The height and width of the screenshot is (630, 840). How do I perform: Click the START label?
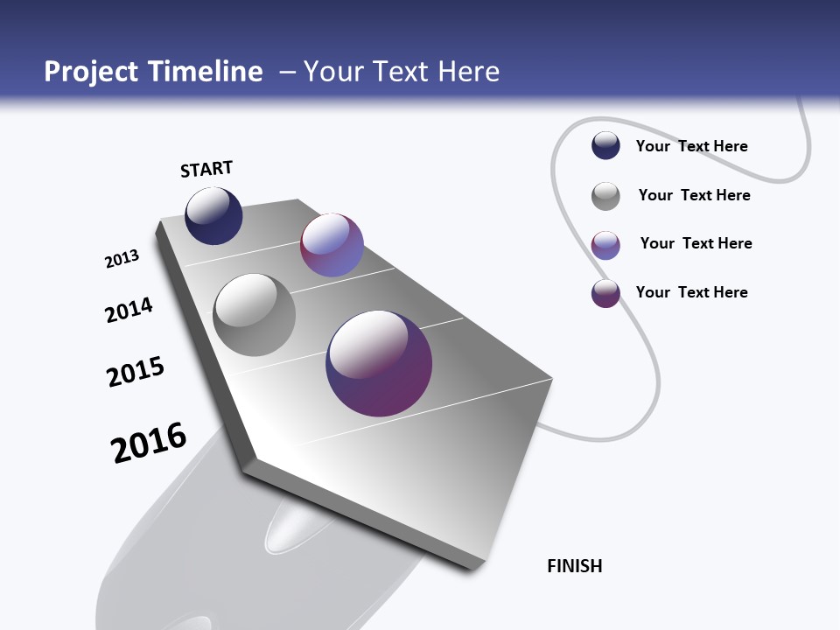pos(206,169)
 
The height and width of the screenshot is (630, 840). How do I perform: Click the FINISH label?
pos(575,566)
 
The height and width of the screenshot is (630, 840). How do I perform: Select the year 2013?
pos(122,259)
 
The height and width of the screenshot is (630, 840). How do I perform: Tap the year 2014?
pos(129,310)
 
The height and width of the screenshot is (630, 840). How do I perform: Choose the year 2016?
pos(149,443)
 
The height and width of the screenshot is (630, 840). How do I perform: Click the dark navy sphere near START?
pos(213,216)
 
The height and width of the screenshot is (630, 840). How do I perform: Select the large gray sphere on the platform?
pos(255,315)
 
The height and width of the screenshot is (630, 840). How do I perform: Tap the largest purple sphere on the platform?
pos(379,363)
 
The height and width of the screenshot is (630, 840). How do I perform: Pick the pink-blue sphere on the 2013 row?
pos(332,245)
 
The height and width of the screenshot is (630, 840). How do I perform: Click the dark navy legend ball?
pos(605,146)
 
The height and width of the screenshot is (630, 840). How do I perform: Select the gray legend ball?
pos(605,196)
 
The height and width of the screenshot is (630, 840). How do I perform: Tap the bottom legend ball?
pos(605,293)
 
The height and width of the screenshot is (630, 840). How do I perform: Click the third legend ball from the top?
pos(605,245)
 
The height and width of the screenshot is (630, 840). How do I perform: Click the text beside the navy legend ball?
pos(691,146)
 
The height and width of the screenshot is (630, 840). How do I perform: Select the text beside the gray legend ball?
pos(694,195)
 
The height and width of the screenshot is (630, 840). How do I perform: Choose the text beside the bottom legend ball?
pos(691,292)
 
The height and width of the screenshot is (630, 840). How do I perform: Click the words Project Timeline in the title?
pos(153,72)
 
